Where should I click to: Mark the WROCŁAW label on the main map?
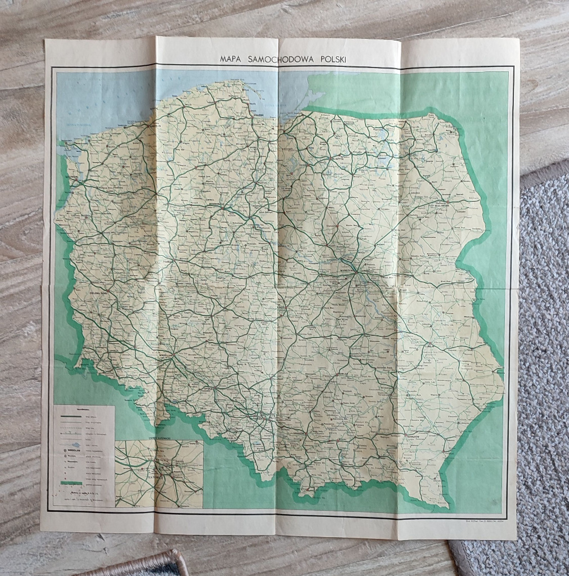[x=165, y=356]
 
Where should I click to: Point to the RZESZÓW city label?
[x=415, y=436]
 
